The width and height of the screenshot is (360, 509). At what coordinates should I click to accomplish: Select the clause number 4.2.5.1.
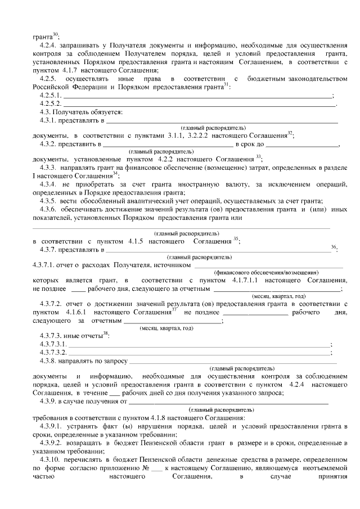50,96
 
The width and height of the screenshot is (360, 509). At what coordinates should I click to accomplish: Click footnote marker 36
334,247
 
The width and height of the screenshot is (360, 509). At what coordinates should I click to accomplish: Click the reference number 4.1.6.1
75,312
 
